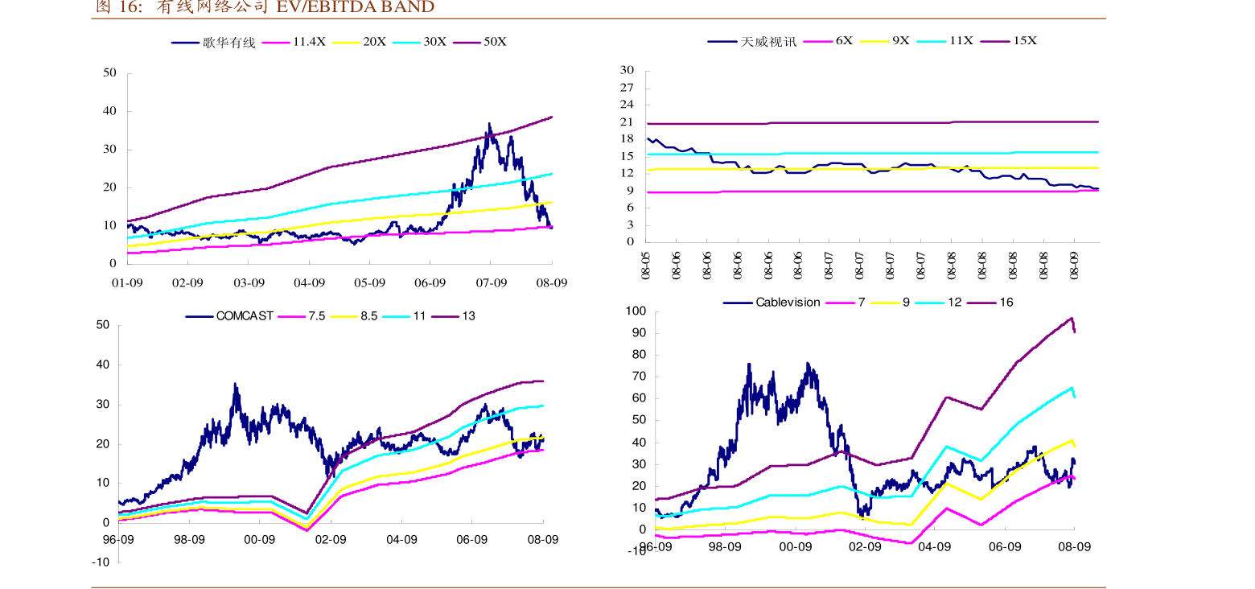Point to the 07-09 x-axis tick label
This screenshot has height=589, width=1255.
click(x=491, y=283)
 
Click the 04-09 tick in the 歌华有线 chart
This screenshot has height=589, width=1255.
click(x=309, y=283)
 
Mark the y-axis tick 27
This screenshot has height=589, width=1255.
click(x=627, y=88)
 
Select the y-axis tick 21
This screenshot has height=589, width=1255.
click(x=627, y=122)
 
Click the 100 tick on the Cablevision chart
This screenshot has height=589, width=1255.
click(x=636, y=311)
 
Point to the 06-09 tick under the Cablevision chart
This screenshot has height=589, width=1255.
click(x=1004, y=546)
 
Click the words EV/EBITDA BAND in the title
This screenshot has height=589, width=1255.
click(x=355, y=7)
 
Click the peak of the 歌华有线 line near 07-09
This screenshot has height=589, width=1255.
click(x=488, y=124)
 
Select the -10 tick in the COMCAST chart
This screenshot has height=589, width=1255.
click(x=101, y=562)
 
